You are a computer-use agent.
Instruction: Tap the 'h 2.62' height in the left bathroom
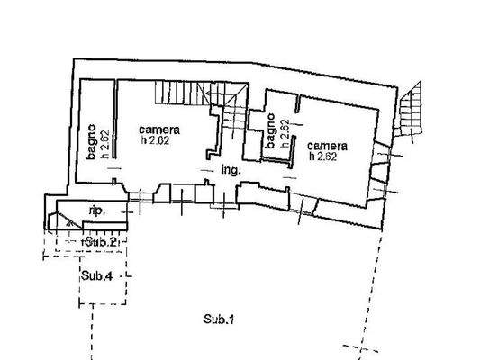pos(104,145)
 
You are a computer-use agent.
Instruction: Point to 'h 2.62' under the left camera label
pos(155,139)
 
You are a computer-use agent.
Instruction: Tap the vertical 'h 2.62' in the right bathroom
pos(284,134)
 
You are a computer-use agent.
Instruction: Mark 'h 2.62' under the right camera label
pos(324,156)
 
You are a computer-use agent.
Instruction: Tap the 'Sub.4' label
pos(96,275)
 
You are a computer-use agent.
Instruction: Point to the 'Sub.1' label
pos(218,319)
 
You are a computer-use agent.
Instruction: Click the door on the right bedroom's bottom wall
pos(306,208)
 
